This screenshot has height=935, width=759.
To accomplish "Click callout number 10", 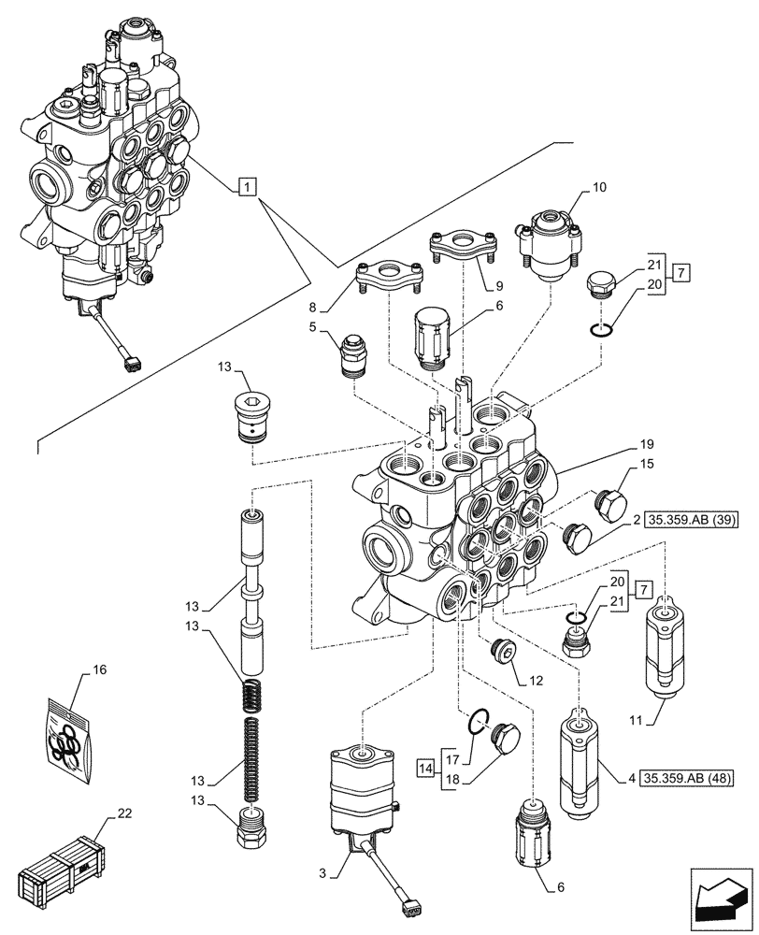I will (598, 189).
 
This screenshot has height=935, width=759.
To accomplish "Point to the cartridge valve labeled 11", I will (666, 647).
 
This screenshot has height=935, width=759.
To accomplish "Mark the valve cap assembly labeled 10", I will (544, 245).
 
